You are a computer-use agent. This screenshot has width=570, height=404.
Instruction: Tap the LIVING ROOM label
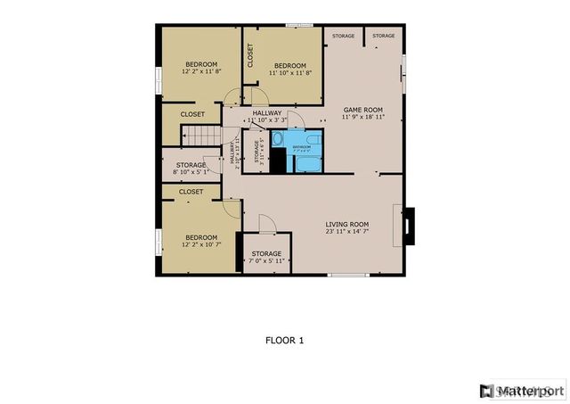point(347,225)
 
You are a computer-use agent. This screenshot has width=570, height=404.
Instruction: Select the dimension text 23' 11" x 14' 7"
point(347,233)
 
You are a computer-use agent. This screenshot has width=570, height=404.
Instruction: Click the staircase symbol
point(200,136)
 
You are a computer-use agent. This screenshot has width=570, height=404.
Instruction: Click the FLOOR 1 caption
point(285,340)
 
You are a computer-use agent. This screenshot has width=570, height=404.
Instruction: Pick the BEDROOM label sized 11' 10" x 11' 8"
point(289,66)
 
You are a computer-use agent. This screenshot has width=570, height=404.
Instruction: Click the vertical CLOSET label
point(251,55)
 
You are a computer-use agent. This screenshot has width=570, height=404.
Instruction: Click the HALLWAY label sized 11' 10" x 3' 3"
point(266,113)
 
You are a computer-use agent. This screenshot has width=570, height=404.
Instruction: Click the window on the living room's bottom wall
point(348,274)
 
